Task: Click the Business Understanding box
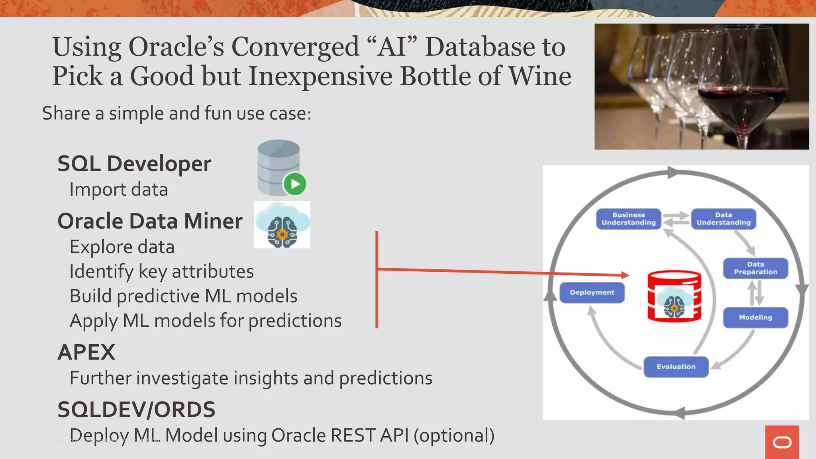(628, 219)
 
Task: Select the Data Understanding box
(723, 219)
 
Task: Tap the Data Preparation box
(755, 268)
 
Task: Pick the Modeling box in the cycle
(755, 318)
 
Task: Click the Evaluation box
(676, 367)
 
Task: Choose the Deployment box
(592, 292)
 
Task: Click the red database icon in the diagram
(674, 296)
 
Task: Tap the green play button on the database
(295, 184)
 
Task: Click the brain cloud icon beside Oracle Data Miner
(282, 225)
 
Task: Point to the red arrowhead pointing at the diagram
(625, 275)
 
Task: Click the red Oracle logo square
(782, 442)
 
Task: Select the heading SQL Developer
(134, 164)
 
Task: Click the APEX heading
(86, 352)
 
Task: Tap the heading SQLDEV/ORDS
(136, 410)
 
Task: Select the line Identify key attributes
(161, 272)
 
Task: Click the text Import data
(118, 189)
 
